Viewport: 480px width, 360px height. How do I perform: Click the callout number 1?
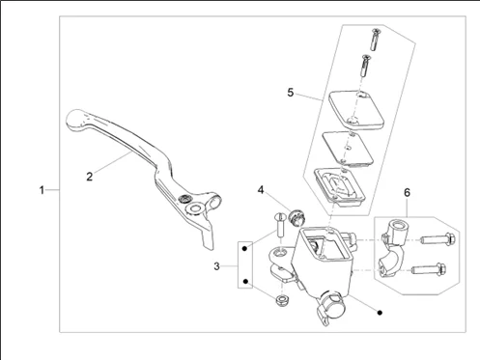[x=42, y=190]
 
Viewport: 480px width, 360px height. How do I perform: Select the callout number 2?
[x=90, y=177]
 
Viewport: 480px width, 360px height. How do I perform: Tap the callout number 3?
[x=216, y=266]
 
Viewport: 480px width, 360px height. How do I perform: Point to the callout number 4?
[x=261, y=190]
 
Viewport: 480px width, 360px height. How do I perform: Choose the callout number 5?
[x=291, y=93]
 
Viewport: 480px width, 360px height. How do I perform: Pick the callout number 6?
[x=407, y=193]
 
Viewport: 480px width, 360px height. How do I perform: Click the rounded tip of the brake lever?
[x=74, y=120]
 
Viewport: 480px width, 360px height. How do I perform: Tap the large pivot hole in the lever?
[x=195, y=208]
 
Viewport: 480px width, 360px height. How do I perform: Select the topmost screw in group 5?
[x=375, y=40]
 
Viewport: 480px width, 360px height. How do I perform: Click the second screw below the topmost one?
[x=366, y=66]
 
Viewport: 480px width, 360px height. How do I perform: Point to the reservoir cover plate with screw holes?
[x=356, y=110]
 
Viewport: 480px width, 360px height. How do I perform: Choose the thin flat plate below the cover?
[x=348, y=150]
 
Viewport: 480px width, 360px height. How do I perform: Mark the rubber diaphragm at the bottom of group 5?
[x=339, y=187]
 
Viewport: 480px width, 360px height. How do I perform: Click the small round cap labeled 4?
[x=297, y=218]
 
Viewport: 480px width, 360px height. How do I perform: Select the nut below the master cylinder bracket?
[x=282, y=300]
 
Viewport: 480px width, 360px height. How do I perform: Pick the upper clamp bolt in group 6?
[x=438, y=239]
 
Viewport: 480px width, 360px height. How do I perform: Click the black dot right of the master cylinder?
[x=380, y=313]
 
